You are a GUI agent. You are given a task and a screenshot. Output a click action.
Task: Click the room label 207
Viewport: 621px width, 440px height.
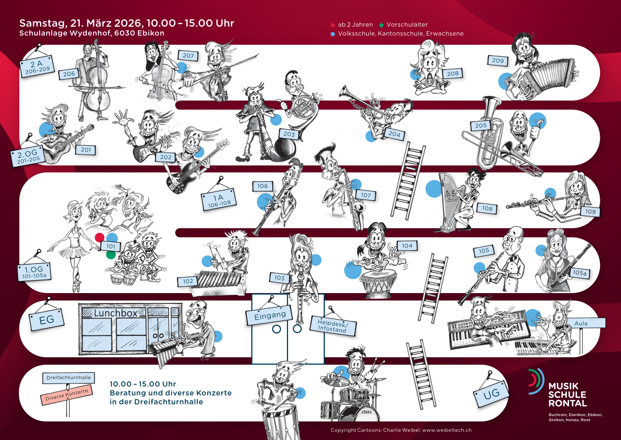(x=188, y=56)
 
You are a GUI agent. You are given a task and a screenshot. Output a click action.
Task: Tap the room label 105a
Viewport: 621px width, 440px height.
(x=580, y=273)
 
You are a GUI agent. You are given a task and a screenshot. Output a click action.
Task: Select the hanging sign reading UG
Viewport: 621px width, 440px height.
(x=491, y=394)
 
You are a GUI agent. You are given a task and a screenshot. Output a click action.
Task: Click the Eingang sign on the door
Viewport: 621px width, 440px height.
(x=270, y=315)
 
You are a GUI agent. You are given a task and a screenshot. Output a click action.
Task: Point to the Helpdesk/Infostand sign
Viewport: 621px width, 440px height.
(x=333, y=326)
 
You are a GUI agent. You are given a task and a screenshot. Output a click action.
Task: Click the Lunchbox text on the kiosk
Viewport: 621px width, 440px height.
(x=115, y=313)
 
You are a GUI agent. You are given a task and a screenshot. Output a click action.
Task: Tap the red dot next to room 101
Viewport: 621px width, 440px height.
(x=99, y=237)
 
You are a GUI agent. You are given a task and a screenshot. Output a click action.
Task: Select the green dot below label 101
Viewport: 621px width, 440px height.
(x=111, y=255)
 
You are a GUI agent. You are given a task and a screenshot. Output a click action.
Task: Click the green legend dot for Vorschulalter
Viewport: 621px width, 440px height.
(x=381, y=25)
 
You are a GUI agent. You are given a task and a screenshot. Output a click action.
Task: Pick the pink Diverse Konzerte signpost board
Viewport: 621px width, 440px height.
(x=66, y=395)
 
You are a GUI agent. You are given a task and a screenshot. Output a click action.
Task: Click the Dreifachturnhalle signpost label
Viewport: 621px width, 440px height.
(x=68, y=378)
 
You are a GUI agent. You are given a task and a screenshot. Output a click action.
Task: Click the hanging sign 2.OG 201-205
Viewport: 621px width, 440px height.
(x=27, y=157)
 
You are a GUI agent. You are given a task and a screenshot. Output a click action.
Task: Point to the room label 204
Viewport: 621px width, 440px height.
(x=394, y=134)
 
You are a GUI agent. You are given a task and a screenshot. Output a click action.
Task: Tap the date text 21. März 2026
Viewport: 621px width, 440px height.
(x=107, y=23)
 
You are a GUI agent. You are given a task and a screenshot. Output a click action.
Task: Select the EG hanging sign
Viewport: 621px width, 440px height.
(x=46, y=320)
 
